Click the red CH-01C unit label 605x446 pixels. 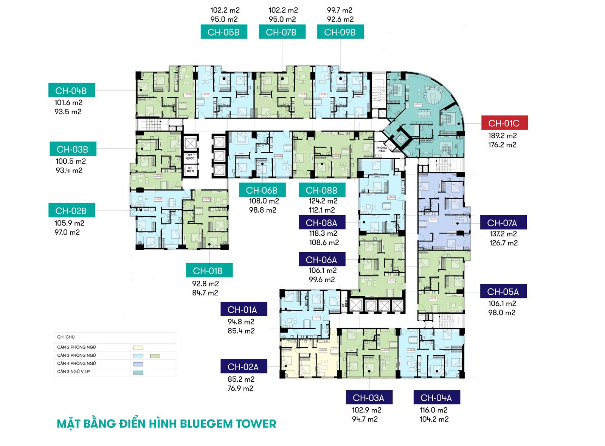pyautogui.click(x=504, y=123)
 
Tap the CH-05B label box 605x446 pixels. pyautogui.click(x=223, y=32)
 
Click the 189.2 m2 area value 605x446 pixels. pyautogui.click(x=502, y=135)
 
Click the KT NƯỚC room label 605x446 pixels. pyautogui.click(x=190, y=157)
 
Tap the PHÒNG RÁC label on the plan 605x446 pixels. pyautogui.click(x=382, y=149)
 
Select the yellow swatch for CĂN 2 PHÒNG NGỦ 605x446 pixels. pyautogui.click(x=138, y=348)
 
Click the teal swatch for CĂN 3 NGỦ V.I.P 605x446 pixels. pyautogui.click(x=138, y=372)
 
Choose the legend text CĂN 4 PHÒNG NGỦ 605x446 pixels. pyautogui.click(x=76, y=364)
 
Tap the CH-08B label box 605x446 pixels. pyautogui.click(x=321, y=190)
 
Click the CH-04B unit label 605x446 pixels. pyautogui.click(x=71, y=91)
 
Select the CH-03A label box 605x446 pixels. pyautogui.click(x=368, y=398)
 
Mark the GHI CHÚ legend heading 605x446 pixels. pyautogui.click(x=66, y=337)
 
